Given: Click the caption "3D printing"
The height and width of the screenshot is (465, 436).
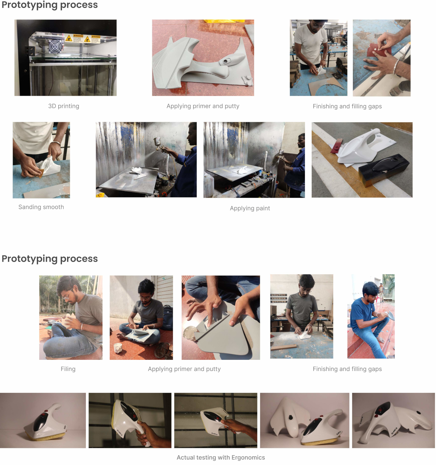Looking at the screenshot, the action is [x=63, y=106].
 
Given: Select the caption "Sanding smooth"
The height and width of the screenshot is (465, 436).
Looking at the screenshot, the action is [x=41, y=207].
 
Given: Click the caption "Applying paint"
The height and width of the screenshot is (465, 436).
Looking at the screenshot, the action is [x=250, y=208].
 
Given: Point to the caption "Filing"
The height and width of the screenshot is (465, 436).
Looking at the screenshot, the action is [x=68, y=369].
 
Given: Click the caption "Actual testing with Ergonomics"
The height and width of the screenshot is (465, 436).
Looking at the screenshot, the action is [x=221, y=457].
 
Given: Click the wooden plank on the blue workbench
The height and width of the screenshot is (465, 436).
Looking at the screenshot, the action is [x=283, y=347].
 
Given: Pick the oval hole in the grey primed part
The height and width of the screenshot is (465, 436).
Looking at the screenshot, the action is [x=226, y=61].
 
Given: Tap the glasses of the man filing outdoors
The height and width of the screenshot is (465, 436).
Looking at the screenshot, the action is [x=67, y=295].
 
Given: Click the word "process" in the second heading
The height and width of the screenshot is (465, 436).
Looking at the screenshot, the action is [x=79, y=259].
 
